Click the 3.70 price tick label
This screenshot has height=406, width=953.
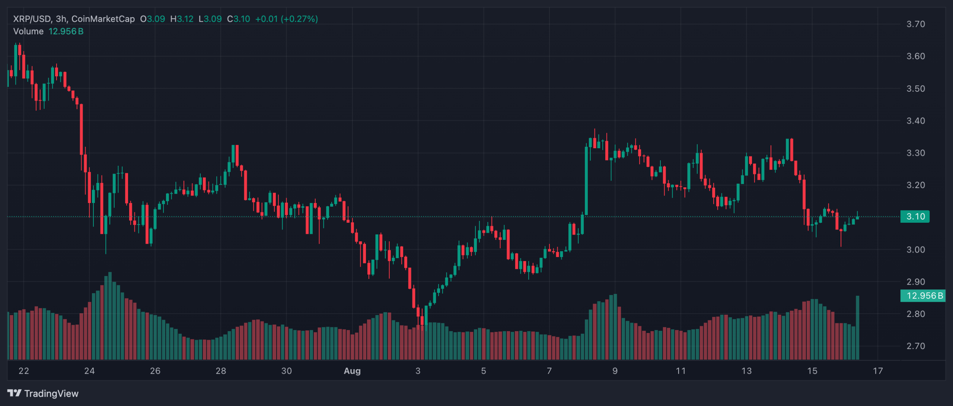click(915, 24)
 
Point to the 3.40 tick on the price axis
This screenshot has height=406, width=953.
click(915, 121)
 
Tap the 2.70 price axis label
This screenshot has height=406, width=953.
click(915, 346)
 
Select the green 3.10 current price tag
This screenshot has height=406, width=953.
click(915, 216)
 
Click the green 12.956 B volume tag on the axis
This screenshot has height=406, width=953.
click(922, 296)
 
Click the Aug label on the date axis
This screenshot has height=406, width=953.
click(352, 371)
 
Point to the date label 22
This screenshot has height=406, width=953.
click(23, 371)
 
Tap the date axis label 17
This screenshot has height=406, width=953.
click(878, 371)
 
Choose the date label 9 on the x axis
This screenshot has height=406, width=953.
click(615, 371)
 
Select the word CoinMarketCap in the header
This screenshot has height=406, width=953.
click(103, 19)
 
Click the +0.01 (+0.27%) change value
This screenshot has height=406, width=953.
click(286, 19)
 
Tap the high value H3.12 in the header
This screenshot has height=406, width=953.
click(182, 19)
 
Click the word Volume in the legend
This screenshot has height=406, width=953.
click(28, 31)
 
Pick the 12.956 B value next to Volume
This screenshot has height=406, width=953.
click(66, 31)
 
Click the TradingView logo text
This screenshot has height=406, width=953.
click(51, 394)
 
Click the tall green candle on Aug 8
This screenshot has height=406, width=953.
click(586, 181)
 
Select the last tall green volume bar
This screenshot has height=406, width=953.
click(858, 328)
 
